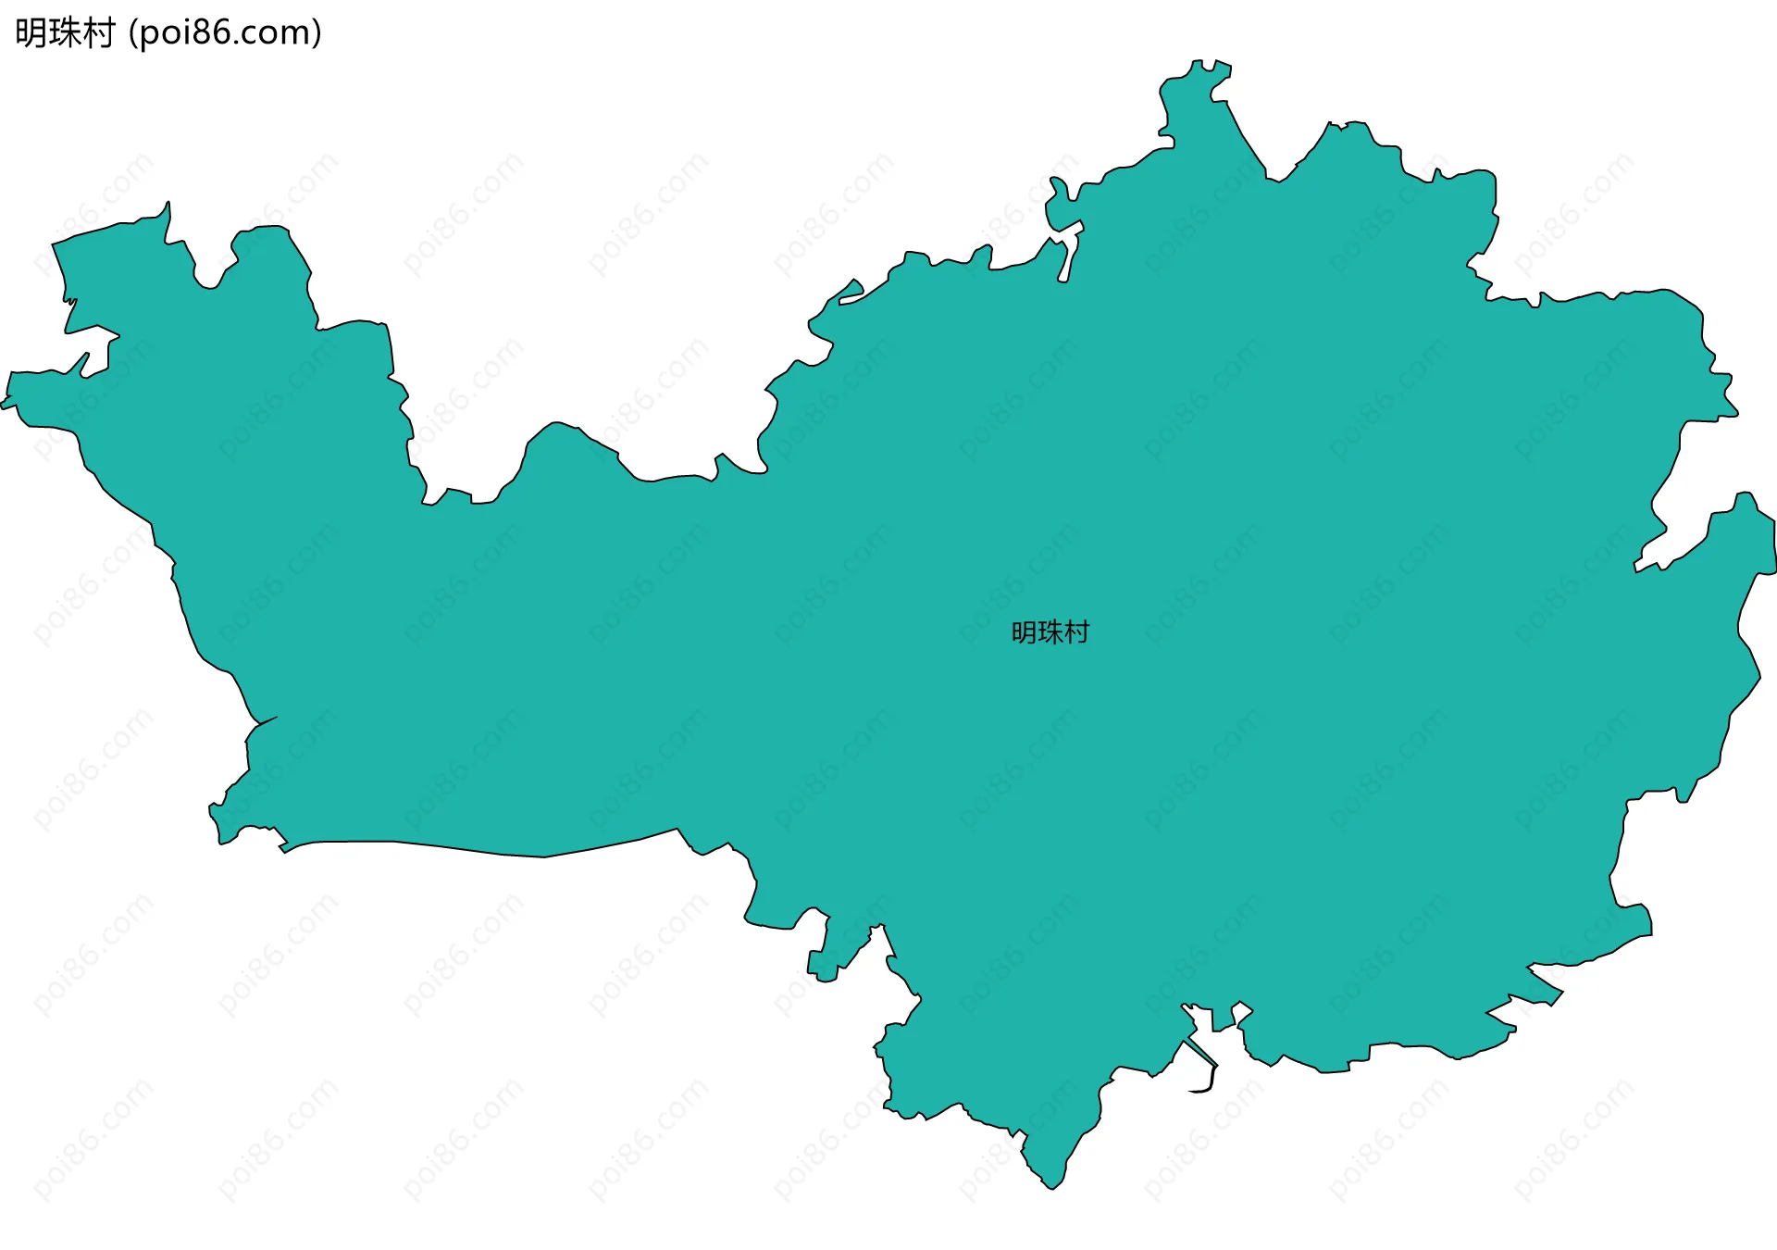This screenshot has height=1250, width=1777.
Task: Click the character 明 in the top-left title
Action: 31,33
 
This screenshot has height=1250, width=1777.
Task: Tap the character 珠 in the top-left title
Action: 65,33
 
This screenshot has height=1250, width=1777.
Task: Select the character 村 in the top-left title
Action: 98,33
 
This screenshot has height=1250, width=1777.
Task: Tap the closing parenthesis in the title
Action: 317,33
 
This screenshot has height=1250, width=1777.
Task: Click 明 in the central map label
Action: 1024,632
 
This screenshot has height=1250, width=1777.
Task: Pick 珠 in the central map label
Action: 1050,632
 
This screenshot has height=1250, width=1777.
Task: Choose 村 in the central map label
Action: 1077,632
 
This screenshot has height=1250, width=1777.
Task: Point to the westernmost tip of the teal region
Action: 3,405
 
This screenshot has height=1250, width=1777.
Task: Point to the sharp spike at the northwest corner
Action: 167,206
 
